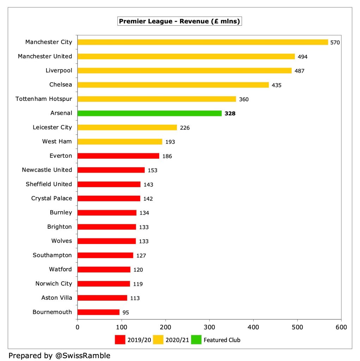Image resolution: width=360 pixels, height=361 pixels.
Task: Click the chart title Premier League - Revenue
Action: pyautogui.click(x=179, y=21)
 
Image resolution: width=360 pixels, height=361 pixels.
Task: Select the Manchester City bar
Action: pyautogui.click(x=203, y=42)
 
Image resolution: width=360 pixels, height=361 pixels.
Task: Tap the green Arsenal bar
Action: pyautogui.click(x=149, y=114)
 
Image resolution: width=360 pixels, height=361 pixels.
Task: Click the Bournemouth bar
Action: pyautogui.click(x=98, y=312)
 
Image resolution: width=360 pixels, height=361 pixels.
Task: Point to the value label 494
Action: pyautogui.click(x=303, y=57)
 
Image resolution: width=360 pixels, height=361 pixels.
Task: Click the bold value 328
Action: pyautogui.click(x=230, y=114)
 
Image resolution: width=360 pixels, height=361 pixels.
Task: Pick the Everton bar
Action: pyautogui.click(x=118, y=156)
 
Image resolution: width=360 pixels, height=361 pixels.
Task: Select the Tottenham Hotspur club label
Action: pyautogui.click(x=44, y=99)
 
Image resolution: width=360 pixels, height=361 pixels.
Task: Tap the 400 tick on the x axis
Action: pyautogui.click(x=253, y=327)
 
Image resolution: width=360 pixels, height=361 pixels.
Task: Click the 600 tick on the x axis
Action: pyautogui.click(x=341, y=327)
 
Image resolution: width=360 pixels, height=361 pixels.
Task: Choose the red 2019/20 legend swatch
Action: pyautogui.click(x=120, y=340)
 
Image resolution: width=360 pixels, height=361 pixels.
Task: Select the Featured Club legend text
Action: pyautogui.click(x=222, y=340)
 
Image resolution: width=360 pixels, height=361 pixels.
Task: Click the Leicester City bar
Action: pyautogui.click(x=127, y=128)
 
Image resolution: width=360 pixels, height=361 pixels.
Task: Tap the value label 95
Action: pyautogui.click(x=126, y=312)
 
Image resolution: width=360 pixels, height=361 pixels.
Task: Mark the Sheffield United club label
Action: pyautogui.click(x=49, y=184)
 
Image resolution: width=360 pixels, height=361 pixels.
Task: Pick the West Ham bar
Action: pyautogui.click(x=120, y=142)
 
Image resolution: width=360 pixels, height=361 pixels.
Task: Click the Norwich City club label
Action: pyautogui.click(x=54, y=284)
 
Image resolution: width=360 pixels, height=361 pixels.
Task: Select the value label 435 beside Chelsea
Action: pyautogui.click(x=277, y=85)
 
